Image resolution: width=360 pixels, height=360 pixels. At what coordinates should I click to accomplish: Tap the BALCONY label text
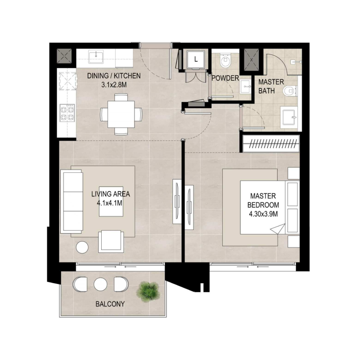point(110,304)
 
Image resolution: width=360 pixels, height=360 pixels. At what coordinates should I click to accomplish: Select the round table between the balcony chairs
point(100,283)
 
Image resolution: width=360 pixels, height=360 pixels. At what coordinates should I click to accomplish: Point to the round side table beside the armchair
point(82,247)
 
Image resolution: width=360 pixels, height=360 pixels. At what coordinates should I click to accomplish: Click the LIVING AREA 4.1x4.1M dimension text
point(110,198)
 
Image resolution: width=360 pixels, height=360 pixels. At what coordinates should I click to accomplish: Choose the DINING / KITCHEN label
point(114,80)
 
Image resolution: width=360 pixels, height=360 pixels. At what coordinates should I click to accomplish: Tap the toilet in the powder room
point(225,60)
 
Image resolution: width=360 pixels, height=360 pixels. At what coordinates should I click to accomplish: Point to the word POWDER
point(225,78)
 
